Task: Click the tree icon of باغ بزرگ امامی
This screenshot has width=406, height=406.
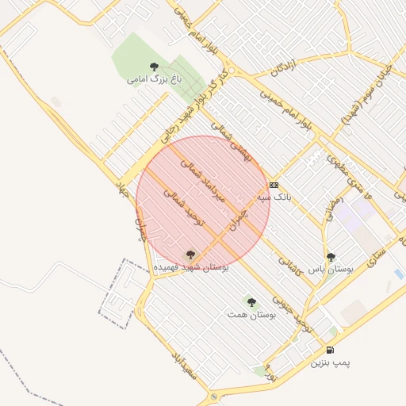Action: point(154,67)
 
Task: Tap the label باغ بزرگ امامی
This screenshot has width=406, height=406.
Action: point(154,79)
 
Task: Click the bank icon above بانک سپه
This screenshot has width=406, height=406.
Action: point(274,185)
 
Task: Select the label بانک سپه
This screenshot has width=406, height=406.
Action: point(274,196)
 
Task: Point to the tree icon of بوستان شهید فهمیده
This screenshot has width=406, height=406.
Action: point(190,255)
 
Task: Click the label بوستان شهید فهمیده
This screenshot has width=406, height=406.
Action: point(191,268)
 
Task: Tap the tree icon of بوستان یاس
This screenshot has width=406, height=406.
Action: point(331,257)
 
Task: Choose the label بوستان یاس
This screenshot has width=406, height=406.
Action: point(331,270)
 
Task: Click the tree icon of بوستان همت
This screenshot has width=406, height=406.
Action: point(251,302)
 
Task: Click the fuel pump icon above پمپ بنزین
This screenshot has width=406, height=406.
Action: point(330,350)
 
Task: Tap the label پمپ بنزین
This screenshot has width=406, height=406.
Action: point(330,362)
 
